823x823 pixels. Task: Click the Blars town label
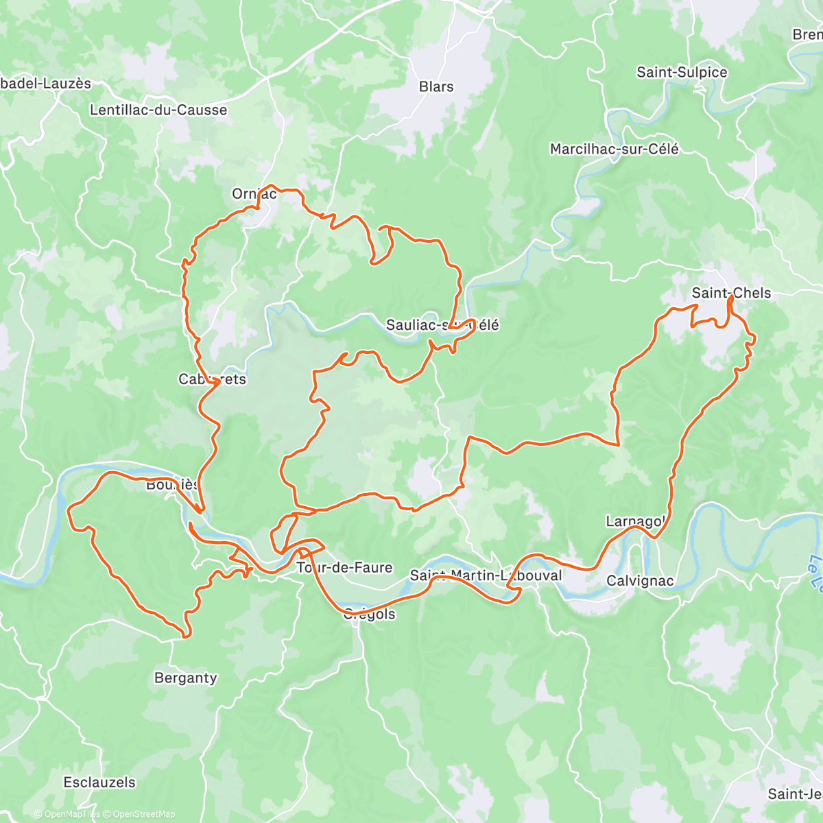pos(436,87)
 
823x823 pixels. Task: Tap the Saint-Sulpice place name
pos(682,72)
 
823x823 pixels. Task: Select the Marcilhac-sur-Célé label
pos(615,149)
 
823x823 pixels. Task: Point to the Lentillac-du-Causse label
pos(158,110)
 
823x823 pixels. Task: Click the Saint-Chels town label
pos(731,293)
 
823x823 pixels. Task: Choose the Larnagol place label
pos(635,521)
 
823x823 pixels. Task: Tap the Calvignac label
pos(640,581)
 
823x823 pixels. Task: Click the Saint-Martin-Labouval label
pos(486,575)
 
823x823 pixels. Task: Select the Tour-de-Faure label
pos(344,567)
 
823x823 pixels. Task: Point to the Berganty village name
pos(185,678)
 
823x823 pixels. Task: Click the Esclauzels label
pos(99,782)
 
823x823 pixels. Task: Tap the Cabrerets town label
pos(212,379)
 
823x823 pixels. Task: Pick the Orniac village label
pos(254,194)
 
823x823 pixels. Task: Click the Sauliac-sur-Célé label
pos(442,325)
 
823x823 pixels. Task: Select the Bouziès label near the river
pos(172,485)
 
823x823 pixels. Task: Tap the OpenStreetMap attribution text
pos(143,814)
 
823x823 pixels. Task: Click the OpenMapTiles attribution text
pos(71,814)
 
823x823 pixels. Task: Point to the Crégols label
pos(369,614)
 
